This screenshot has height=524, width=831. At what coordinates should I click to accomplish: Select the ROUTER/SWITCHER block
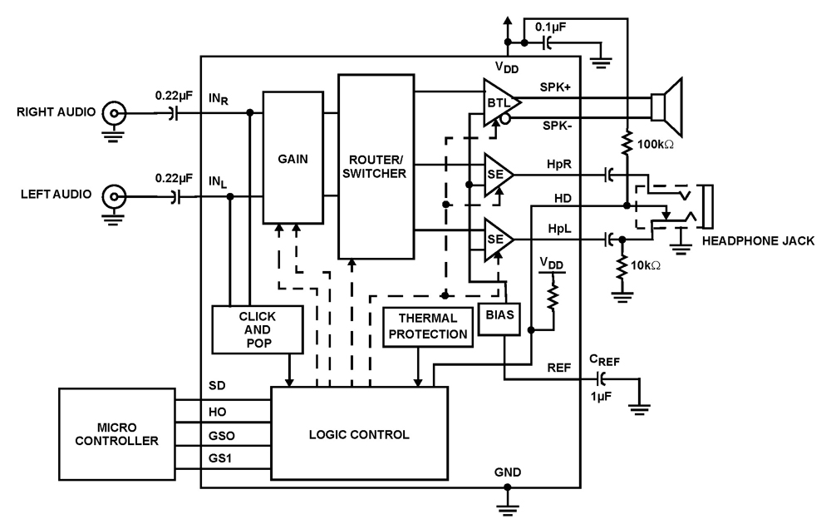point(376,166)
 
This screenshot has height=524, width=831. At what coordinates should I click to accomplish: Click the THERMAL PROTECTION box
point(426,326)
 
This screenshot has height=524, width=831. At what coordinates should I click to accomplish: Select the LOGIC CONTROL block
point(359,433)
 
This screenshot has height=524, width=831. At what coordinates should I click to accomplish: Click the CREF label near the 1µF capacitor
point(604,358)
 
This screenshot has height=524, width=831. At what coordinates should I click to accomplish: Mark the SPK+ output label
point(548,87)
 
